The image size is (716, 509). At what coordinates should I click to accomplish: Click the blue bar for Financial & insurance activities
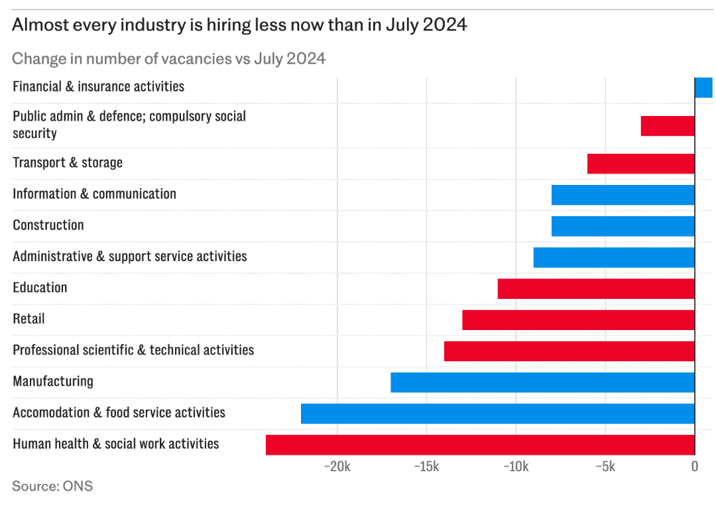(x=703, y=87)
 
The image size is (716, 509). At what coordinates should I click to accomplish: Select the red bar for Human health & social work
(x=480, y=445)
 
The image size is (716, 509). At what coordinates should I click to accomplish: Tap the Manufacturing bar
(x=542, y=382)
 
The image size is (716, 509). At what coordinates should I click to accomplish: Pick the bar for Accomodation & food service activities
(x=497, y=414)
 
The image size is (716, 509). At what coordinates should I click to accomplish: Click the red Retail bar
(x=578, y=320)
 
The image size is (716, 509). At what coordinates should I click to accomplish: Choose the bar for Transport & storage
(x=640, y=164)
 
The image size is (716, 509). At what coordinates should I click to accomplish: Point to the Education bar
(x=596, y=289)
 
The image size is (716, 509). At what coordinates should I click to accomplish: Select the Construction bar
(x=623, y=226)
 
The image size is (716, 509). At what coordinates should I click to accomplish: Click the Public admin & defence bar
(x=668, y=126)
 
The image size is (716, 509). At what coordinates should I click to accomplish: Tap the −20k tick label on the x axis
(x=337, y=467)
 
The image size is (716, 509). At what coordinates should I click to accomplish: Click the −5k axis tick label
(x=605, y=467)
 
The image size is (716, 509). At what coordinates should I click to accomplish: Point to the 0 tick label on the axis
(x=694, y=467)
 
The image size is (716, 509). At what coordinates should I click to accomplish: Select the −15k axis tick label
(x=426, y=467)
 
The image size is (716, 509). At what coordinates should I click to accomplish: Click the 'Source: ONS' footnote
(x=52, y=486)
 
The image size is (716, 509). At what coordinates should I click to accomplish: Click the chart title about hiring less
(x=239, y=25)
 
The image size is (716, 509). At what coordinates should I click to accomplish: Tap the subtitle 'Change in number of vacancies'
(x=168, y=58)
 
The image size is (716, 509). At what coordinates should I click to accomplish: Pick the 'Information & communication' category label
(x=94, y=194)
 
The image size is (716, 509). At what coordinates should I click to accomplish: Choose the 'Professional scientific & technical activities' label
(x=133, y=350)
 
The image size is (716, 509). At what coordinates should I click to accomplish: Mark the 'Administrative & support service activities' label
(x=129, y=256)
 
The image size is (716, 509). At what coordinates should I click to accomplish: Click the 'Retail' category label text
(x=29, y=319)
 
